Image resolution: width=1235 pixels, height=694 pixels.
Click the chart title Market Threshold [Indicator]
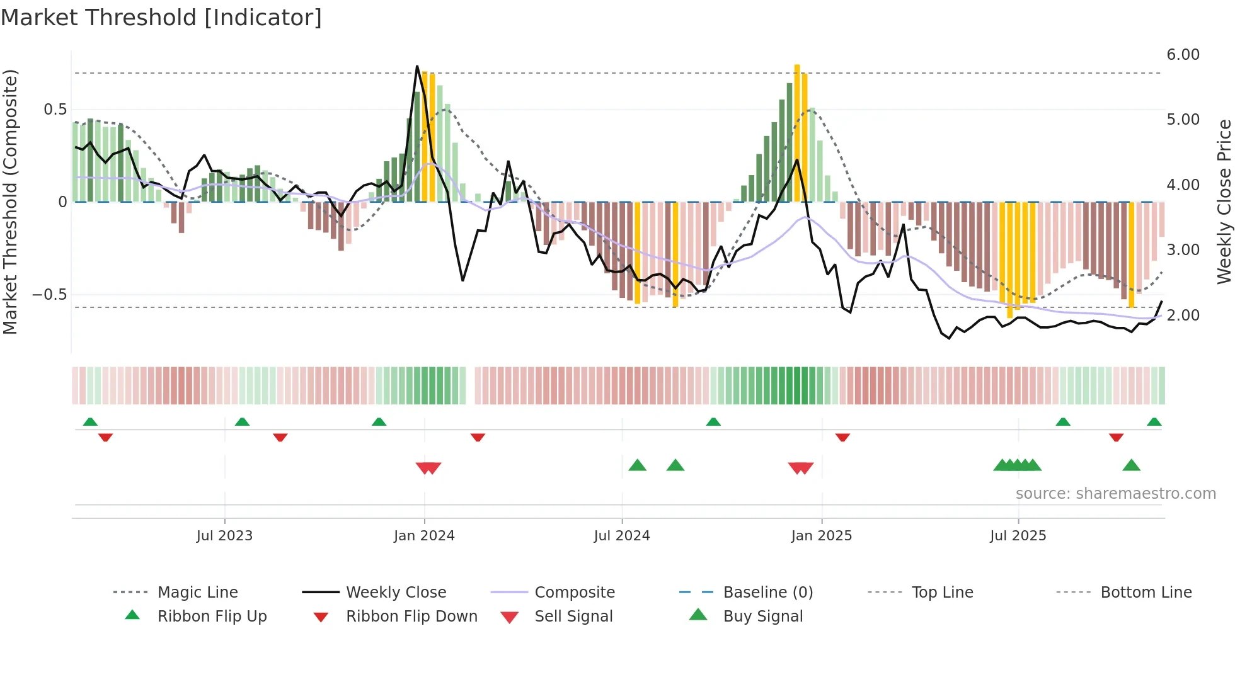[x=161, y=18]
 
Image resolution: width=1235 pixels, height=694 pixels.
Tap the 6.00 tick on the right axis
[x=1183, y=55]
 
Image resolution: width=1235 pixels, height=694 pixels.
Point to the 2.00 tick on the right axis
[x=1183, y=316]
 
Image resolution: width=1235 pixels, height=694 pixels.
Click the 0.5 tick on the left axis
[x=55, y=110]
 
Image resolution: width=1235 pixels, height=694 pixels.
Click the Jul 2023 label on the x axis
[x=224, y=536]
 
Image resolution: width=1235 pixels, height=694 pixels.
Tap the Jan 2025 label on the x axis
[x=821, y=536]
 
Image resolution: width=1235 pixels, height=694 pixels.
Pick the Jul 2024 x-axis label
[x=621, y=536]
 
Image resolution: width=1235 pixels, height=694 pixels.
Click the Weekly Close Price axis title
[x=1224, y=202]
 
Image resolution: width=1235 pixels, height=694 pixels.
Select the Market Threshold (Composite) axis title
[x=10, y=202]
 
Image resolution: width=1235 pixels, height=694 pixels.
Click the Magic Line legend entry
[x=197, y=593]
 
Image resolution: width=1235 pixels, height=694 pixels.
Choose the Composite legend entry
[x=574, y=593]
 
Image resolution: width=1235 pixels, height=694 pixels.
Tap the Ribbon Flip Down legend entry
[x=411, y=617]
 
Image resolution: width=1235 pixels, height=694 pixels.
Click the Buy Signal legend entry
[x=762, y=617]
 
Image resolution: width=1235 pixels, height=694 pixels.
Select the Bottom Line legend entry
[x=1146, y=593]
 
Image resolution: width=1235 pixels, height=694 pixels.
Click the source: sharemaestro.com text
[x=1115, y=494]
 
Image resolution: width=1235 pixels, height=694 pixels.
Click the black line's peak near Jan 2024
[x=417, y=66]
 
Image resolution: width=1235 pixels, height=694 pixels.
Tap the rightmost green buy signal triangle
[x=1131, y=465]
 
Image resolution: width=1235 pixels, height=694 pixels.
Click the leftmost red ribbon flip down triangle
[x=105, y=437]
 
